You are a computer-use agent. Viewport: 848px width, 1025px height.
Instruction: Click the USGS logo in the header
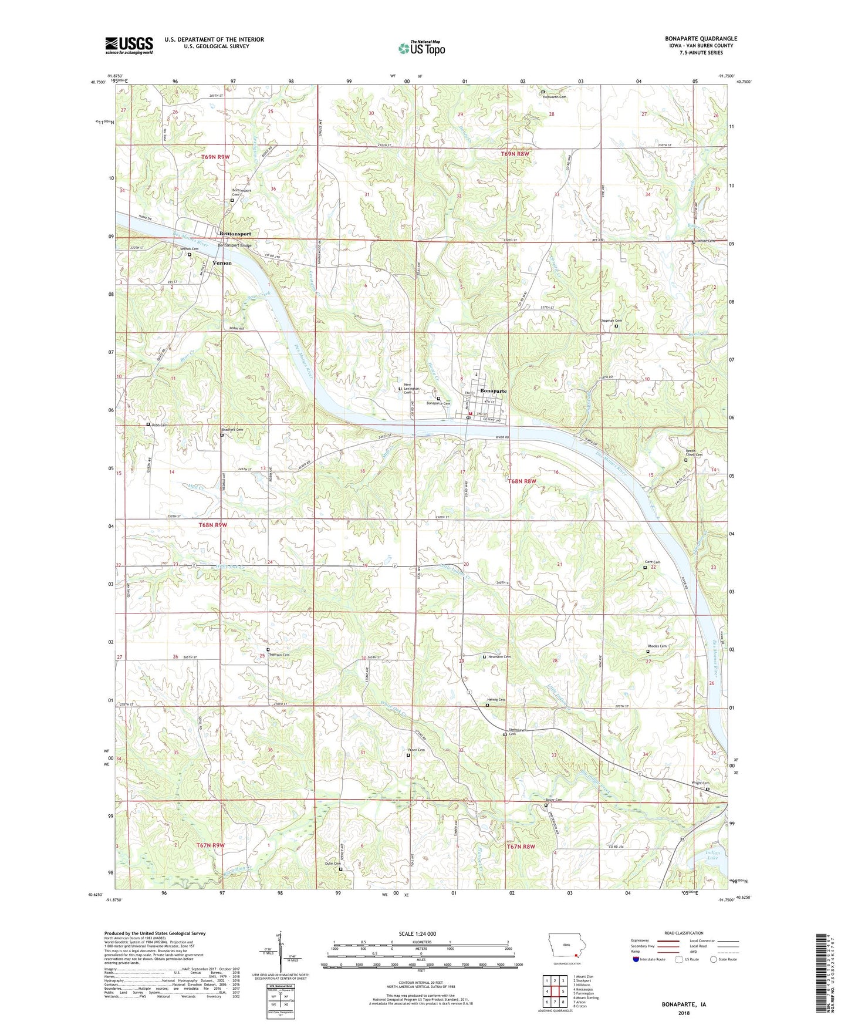[x=129, y=45]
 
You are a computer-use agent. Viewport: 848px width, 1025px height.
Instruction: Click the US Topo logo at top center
[x=421, y=48]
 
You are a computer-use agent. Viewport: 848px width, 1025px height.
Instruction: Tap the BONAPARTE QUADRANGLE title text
[x=701, y=39]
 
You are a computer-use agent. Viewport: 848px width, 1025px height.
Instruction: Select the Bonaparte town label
[x=493, y=390]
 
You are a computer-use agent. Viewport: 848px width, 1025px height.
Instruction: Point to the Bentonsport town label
[x=235, y=234]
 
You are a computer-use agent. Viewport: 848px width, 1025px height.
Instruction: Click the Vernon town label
[x=222, y=263]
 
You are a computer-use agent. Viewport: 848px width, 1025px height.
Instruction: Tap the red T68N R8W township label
[x=522, y=481]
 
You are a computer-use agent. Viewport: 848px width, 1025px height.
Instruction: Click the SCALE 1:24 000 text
[x=421, y=933]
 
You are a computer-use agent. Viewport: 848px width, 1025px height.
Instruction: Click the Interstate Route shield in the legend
[x=636, y=959]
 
